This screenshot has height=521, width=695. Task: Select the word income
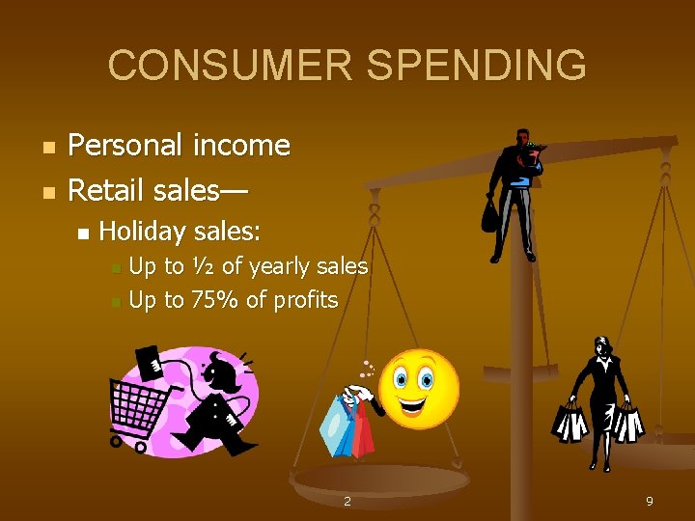[x=241, y=146]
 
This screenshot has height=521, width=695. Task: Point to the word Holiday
[x=142, y=232]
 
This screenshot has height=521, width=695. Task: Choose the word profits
[x=305, y=300]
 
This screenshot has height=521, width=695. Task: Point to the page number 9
[x=650, y=501]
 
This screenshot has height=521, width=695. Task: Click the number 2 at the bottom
[x=347, y=501]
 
